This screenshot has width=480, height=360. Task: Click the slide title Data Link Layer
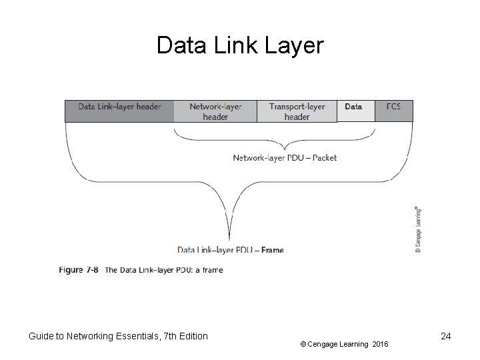pyautogui.click(x=239, y=46)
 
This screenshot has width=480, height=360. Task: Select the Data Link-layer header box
pyautogui.click(x=119, y=111)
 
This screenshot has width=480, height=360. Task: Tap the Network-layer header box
pyautogui.click(x=215, y=111)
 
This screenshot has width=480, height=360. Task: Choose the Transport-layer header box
pyautogui.click(x=297, y=111)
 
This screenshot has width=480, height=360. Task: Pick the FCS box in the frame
pyautogui.click(x=393, y=111)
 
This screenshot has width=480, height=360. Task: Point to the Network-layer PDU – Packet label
pyautogui.click(x=285, y=158)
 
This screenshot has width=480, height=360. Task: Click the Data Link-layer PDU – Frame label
pyautogui.click(x=231, y=250)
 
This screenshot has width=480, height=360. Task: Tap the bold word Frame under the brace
pyautogui.click(x=272, y=250)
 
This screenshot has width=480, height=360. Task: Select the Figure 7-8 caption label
pyautogui.click(x=79, y=270)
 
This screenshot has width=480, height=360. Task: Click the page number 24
pyautogui.click(x=446, y=336)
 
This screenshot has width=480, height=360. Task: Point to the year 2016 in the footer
pyautogui.click(x=380, y=344)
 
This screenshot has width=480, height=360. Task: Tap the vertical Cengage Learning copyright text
pyautogui.click(x=417, y=229)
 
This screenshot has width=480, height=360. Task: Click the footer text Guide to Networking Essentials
pyautogui.click(x=93, y=336)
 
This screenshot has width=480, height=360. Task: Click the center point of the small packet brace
pyautogui.click(x=285, y=148)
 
